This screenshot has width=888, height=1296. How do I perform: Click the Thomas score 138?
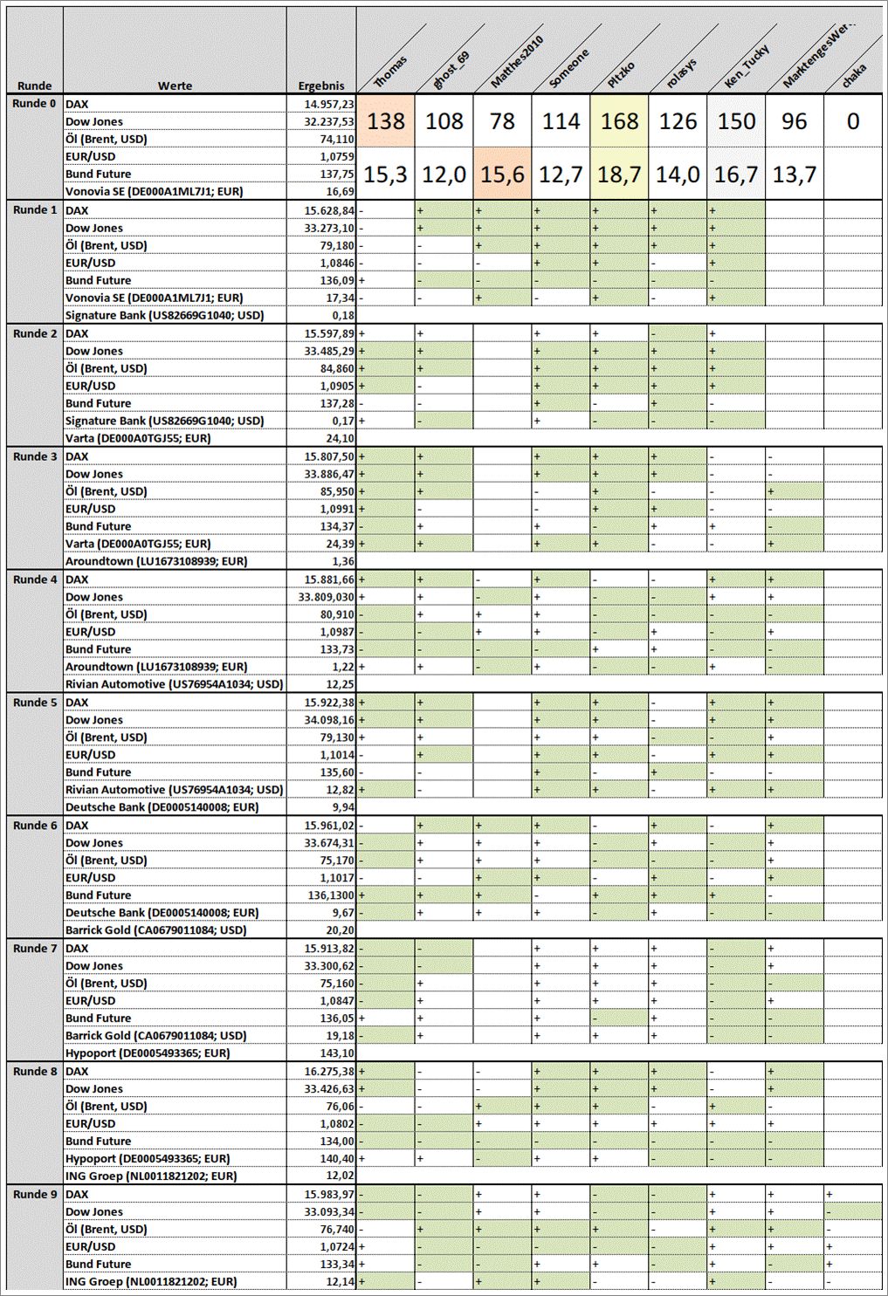pos(385,121)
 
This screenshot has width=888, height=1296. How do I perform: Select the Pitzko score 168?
pos(619,121)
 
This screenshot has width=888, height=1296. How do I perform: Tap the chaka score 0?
pos(853,121)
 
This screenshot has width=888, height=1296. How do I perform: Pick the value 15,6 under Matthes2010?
pos(502,175)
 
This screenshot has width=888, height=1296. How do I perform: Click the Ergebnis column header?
pos(321,86)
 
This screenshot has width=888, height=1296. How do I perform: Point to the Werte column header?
pos(175,86)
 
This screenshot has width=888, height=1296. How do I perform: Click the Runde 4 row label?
pos(35,579)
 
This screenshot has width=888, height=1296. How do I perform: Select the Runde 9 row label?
pos(35,1194)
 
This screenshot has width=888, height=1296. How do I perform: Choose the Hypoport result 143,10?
pos(337,1053)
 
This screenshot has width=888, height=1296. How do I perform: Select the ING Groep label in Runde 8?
pos(151,1176)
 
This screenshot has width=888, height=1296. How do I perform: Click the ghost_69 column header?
pos(451,71)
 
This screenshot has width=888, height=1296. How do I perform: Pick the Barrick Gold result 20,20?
pos(340,930)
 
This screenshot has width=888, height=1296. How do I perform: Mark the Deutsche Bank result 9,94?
pos(342,807)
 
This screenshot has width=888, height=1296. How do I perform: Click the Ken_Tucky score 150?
pos(736,121)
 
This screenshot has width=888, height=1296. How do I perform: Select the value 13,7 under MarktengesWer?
pos(794,175)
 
